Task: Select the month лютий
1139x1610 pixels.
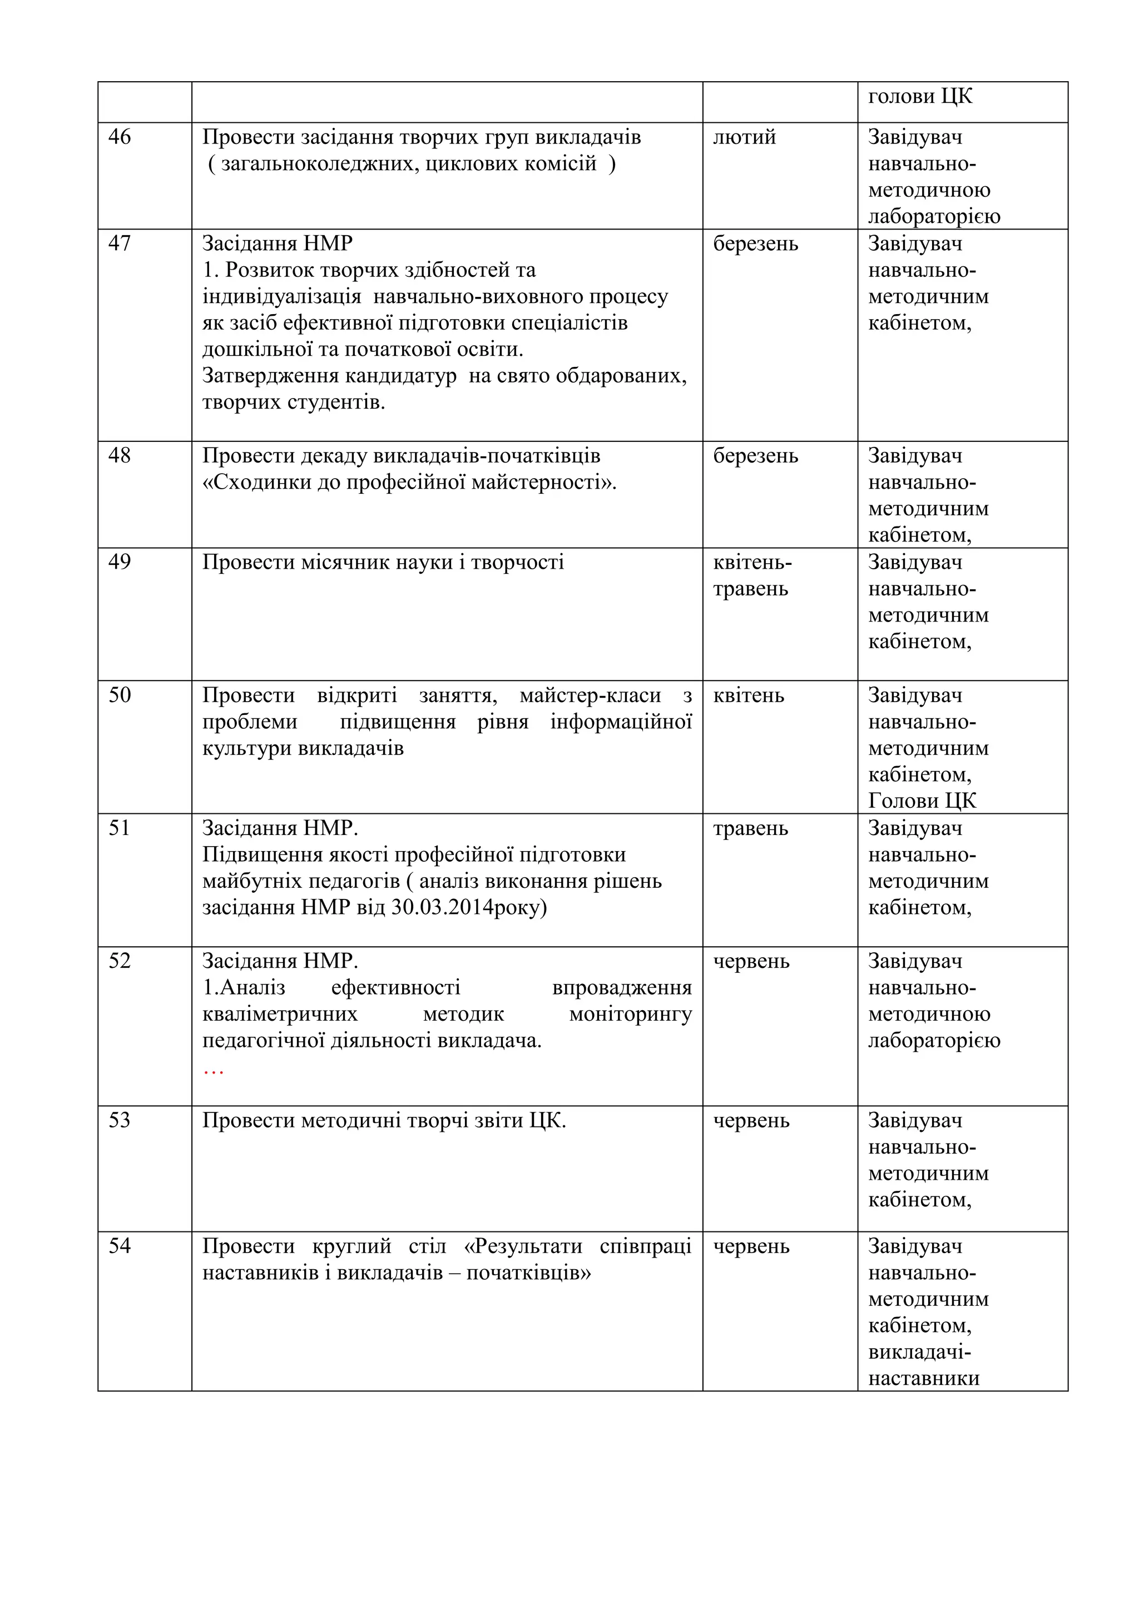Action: [x=744, y=137]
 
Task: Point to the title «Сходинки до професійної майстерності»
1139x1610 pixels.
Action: [x=409, y=483]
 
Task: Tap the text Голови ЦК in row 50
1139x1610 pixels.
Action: [x=922, y=801]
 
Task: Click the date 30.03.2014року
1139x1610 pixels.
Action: [x=468, y=908]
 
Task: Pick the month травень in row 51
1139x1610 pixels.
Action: [x=750, y=829]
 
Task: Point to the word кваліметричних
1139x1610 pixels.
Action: [x=280, y=1015]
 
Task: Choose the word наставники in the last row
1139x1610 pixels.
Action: [x=924, y=1379]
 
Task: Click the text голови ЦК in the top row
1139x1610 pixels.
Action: [x=920, y=96]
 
